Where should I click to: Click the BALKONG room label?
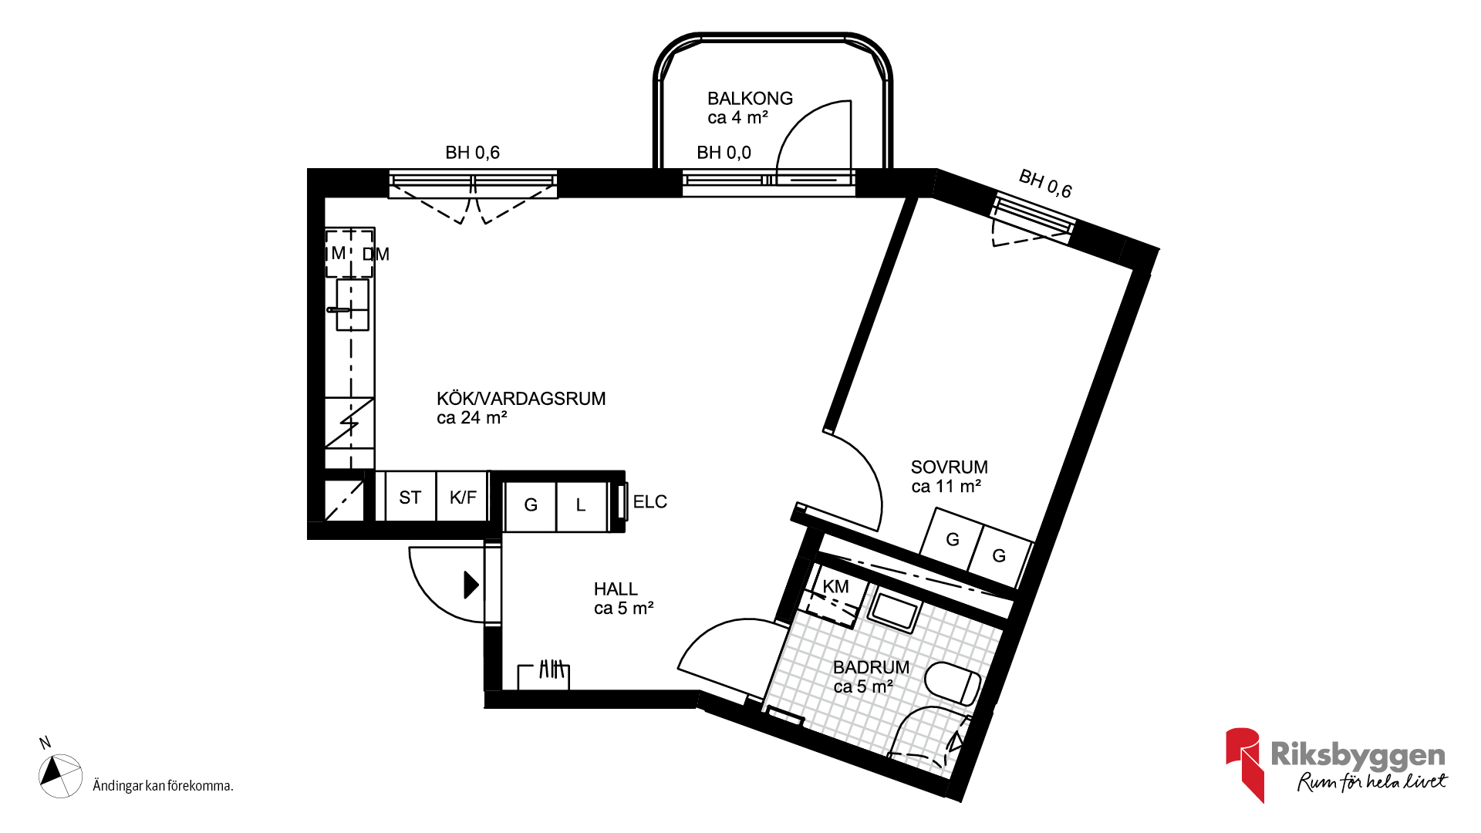(x=750, y=99)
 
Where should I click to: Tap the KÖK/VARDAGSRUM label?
(x=521, y=399)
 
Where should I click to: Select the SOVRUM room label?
(x=949, y=467)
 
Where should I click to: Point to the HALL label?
(x=616, y=589)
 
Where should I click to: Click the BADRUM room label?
(x=871, y=667)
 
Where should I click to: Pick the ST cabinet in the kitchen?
(x=410, y=497)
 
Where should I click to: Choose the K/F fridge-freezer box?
(x=463, y=497)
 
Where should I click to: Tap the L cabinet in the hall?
(x=582, y=506)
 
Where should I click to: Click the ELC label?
(x=649, y=502)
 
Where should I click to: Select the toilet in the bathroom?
(x=953, y=683)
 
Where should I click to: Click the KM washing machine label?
(x=835, y=587)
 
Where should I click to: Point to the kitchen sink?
(x=353, y=305)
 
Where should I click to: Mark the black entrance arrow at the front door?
(x=471, y=585)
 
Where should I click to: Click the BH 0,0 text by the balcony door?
(x=724, y=153)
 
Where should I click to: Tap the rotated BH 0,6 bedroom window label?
(x=1045, y=184)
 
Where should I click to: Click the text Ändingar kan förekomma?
(x=163, y=786)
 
